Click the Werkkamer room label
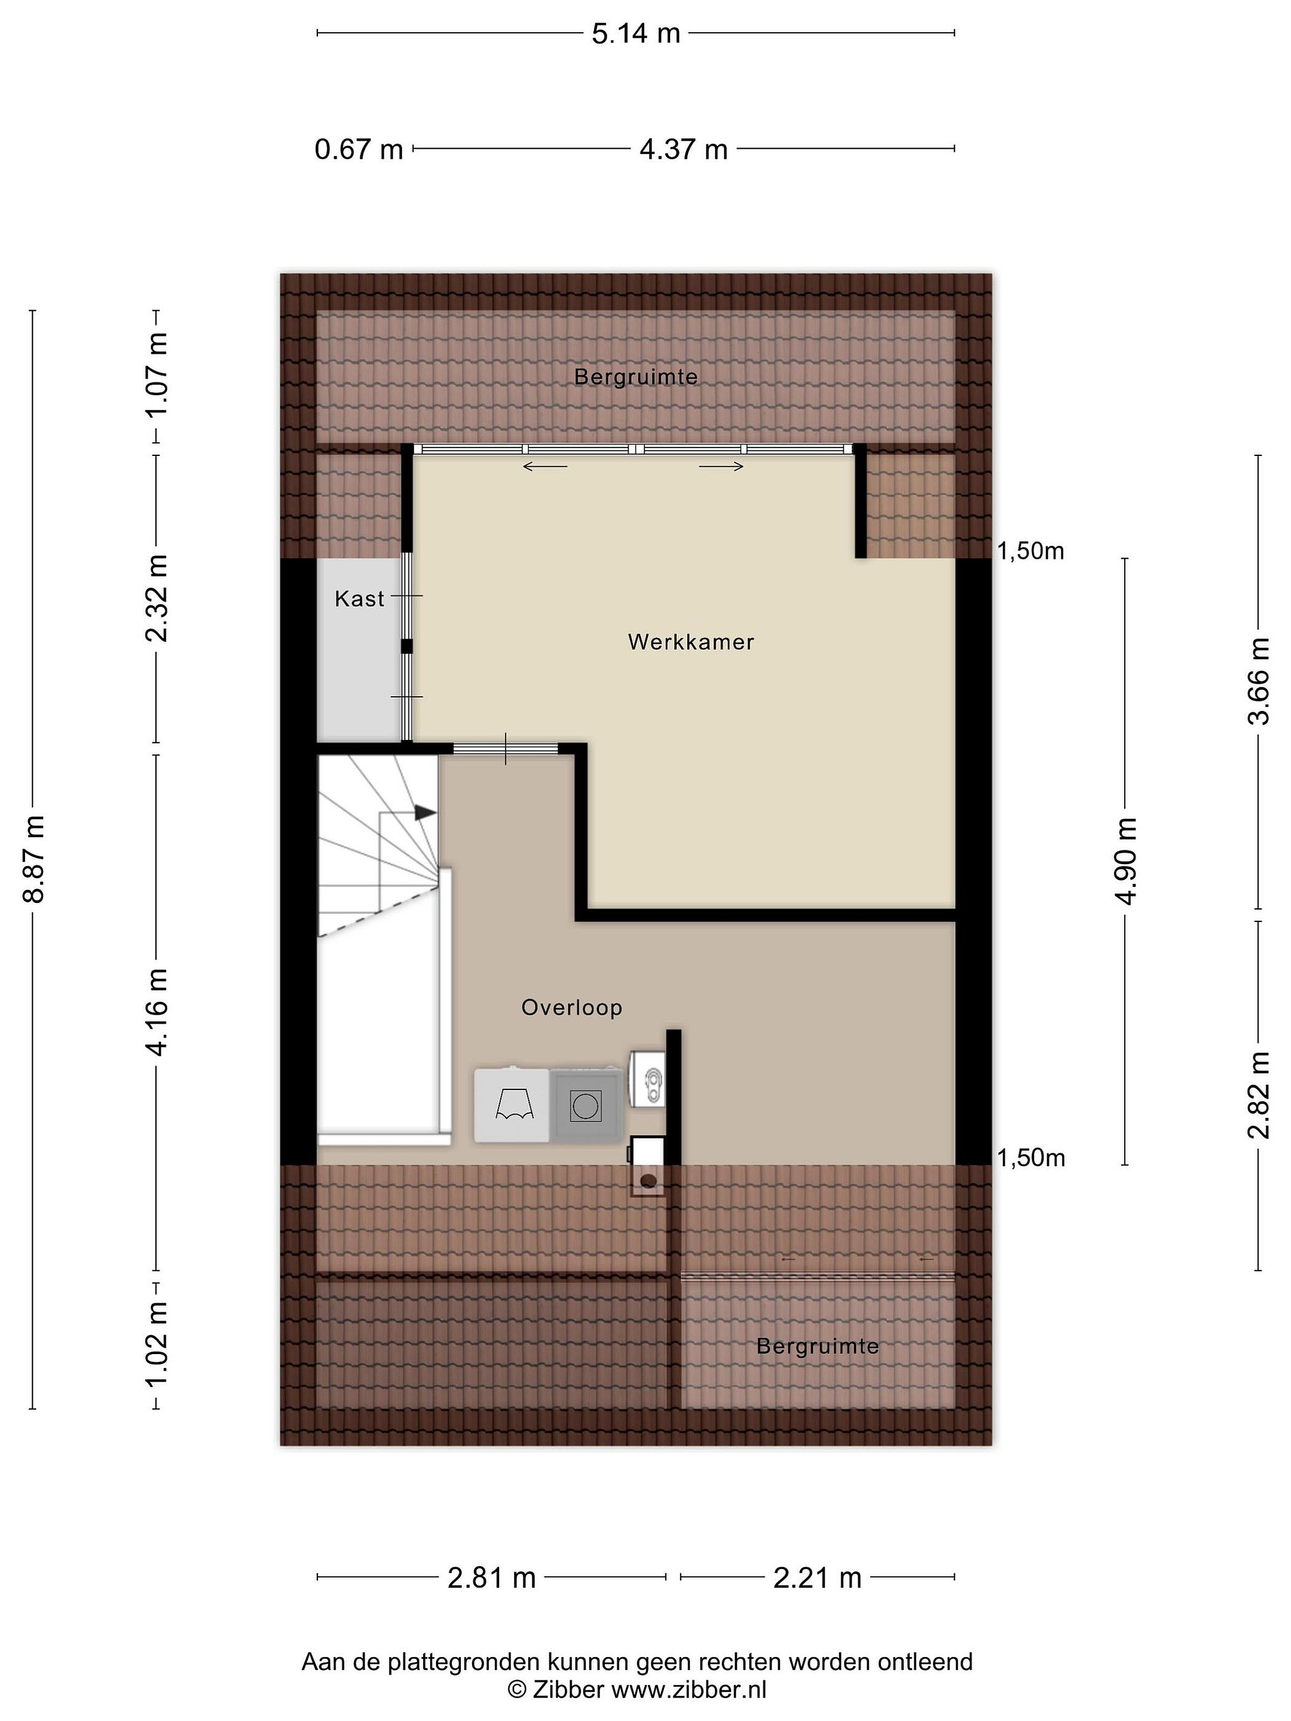coord(690,642)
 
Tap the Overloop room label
coord(572,1008)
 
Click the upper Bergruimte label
coord(636,377)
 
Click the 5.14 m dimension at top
coord(636,33)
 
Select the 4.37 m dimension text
coord(683,149)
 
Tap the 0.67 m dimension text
coord(359,149)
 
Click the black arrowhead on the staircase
coord(425,812)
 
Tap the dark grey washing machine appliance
coord(586,1105)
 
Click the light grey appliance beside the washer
coord(513,1105)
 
